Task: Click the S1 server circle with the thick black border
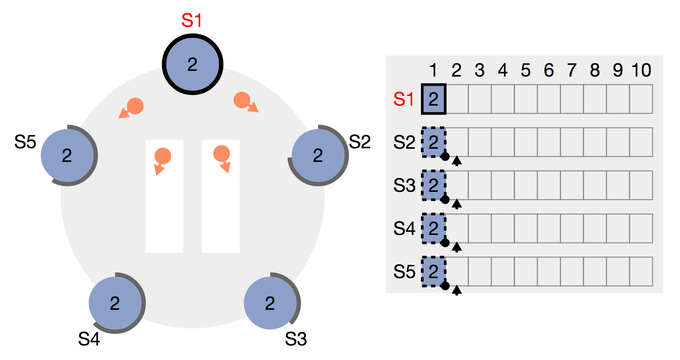[193, 64]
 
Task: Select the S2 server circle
[318, 155]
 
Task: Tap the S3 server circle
[270, 303]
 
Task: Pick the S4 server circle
[115, 303]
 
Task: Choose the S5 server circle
[67, 155]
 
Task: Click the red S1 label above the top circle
[192, 21]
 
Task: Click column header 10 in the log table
[641, 70]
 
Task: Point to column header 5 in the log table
[526, 70]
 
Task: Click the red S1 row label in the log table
[404, 99]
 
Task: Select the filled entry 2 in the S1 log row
[434, 99]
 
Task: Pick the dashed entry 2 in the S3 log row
[434, 185]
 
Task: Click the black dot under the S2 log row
[445, 156]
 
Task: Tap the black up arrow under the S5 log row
[457, 290]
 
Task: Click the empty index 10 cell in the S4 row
[641, 228]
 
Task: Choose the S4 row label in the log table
[404, 229]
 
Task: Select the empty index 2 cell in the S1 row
[457, 99]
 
